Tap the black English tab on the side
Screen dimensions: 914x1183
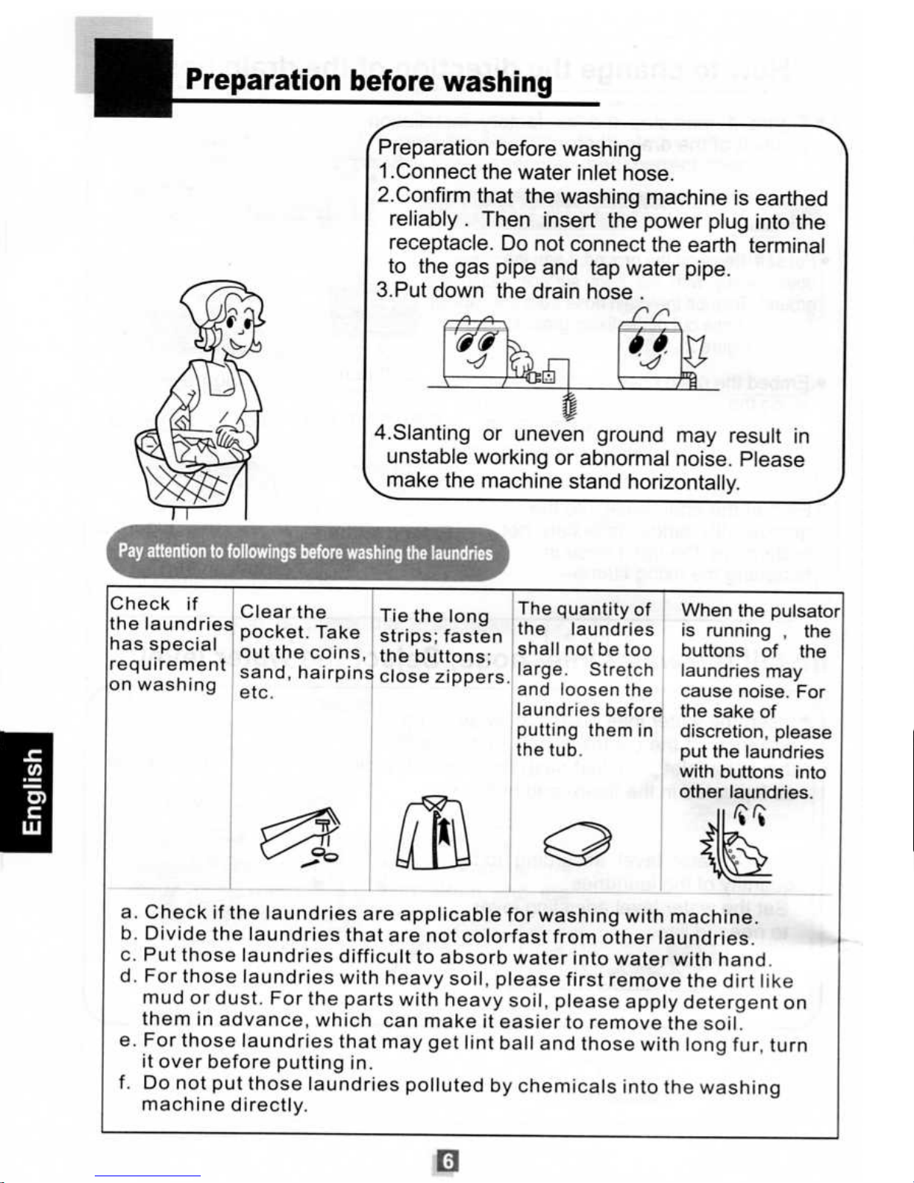(x=26, y=792)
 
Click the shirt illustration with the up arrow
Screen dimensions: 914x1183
(x=433, y=833)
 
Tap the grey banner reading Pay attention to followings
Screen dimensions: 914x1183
(x=308, y=552)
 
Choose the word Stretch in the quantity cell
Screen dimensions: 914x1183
(x=621, y=669)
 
